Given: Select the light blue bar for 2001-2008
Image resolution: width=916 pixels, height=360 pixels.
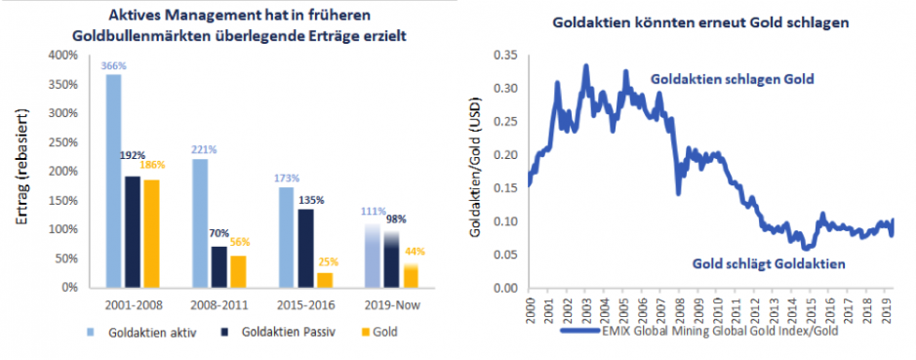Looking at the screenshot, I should [114, 180].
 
